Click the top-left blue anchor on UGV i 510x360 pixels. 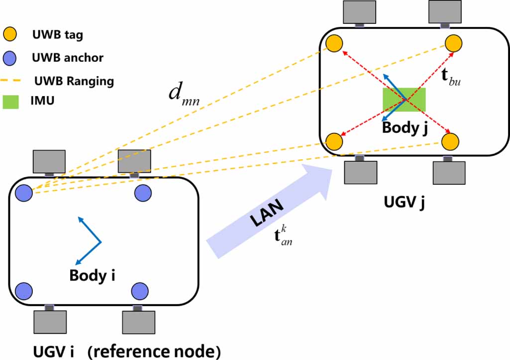23,192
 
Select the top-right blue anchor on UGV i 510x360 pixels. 143,192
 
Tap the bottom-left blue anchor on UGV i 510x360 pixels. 23,289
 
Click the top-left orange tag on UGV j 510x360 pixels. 334,43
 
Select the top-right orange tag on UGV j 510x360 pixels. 454,43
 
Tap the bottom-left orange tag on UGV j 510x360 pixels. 334,141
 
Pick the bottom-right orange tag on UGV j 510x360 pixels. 451,141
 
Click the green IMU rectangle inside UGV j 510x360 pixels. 404,100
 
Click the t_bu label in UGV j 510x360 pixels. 451,79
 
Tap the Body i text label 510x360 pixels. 93,274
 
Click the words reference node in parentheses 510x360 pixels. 154,352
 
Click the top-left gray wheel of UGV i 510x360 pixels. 49,161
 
